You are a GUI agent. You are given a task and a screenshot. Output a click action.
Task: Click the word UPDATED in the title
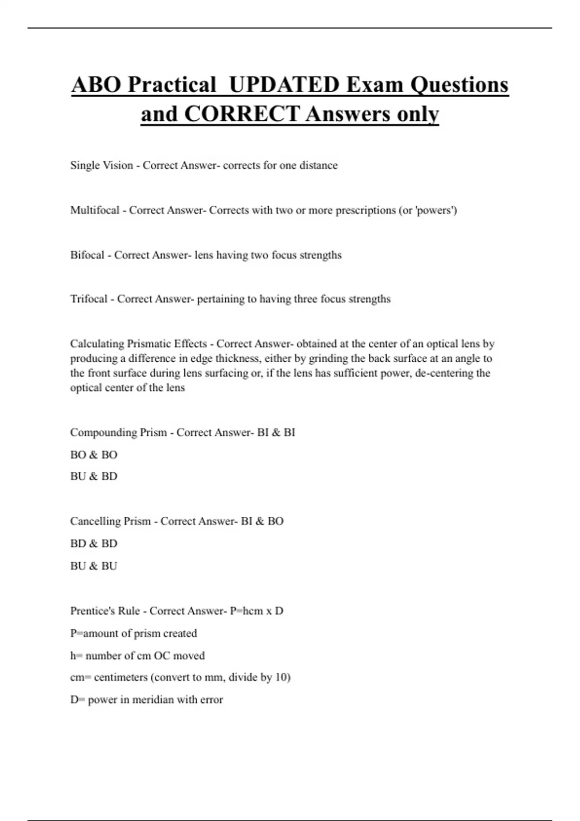pos(284,85)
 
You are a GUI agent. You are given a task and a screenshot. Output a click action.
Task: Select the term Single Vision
pos(101,165)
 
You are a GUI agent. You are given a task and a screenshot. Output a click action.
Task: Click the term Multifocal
pos(95,210)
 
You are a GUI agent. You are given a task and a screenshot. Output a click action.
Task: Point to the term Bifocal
pos(87,255)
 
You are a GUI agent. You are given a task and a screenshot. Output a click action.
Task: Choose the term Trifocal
pos(89,299)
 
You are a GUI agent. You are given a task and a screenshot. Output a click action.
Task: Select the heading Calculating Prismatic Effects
pos(138,344)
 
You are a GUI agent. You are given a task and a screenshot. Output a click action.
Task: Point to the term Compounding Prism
pos(118,432)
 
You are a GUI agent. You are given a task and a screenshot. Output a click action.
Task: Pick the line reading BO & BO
pos(94,454)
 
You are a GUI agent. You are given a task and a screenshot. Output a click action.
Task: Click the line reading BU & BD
pos(94,476)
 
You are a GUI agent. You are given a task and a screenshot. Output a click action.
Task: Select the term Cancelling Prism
pos(110,521)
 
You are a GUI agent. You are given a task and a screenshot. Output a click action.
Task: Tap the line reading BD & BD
pos(94,543)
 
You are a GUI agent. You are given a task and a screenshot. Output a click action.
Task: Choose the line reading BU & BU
pos(94,566)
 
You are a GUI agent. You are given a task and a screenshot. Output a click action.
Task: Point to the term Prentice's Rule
pos(105,611)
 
